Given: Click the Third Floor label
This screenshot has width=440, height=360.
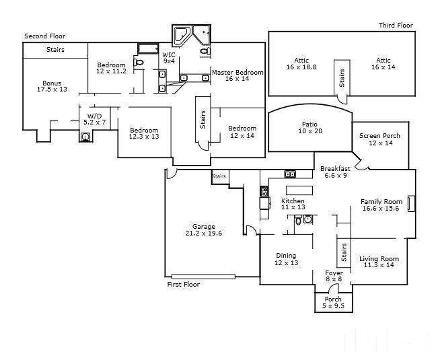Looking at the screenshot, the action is (396, 26).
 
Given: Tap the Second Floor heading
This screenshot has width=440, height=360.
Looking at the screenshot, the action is (44, 36).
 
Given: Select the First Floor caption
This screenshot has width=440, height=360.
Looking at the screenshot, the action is (184, 284).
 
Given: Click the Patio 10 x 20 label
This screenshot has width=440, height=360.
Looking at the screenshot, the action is (309, 128).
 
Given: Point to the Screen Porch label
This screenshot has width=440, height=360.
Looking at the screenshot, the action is (379, 136).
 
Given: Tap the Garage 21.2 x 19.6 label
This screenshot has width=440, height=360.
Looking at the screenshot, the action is (204, 230).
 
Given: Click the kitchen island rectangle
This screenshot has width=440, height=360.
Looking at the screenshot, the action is (299, 190).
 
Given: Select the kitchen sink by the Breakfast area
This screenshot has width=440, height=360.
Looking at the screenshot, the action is (290, 174).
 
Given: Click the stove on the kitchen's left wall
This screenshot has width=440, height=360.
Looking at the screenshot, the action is (264, 191).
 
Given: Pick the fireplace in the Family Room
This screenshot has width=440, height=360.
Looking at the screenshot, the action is (411, 203).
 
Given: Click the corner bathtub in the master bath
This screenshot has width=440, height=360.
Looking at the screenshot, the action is (182, 36).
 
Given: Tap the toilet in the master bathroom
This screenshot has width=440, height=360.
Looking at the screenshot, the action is (206, 51).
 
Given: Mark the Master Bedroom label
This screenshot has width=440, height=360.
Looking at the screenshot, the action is (237, 73).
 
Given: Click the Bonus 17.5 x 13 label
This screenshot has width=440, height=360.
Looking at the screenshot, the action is (52, 86).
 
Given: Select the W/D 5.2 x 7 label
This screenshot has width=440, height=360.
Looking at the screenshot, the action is (95, 119).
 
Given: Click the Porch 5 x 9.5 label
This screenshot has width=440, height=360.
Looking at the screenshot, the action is (333, 303).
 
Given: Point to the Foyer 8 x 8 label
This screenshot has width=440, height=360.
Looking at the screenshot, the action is (334, 276).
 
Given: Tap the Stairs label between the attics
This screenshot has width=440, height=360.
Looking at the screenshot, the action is (342, 78).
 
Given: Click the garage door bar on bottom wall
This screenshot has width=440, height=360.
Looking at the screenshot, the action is (203, 277).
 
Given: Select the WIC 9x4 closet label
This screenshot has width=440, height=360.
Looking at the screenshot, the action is (169, 57).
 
